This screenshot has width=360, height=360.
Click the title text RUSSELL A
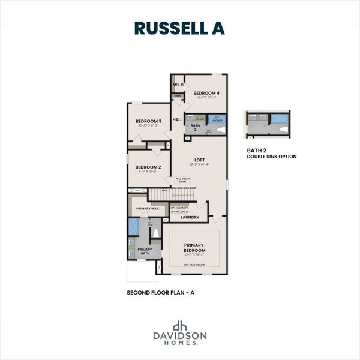(x=179, y=28)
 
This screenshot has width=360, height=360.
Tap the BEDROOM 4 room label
(x=206, y=93)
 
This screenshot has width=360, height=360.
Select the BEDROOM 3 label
(x=147, y=121)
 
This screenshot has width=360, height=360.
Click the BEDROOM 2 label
(x=148, y=167)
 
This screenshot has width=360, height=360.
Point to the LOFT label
(x=200, y=160)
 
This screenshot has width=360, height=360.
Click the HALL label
(x=177, y=120)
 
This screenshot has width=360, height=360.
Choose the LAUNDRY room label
(x=190, y=218)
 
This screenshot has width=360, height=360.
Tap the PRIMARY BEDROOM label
(x=194, y=247)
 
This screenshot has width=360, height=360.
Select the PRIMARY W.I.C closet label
(x=148, y=208)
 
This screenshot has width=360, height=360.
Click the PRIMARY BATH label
(x=145, y=251)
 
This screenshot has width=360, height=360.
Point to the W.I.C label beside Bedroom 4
(x=178, y=85)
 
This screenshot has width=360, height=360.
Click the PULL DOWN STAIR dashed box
(x=183, y=180)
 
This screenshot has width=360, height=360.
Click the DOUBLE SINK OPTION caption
(x=271, y=157)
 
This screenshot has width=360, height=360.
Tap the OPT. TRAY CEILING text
(x=194, y=265)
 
